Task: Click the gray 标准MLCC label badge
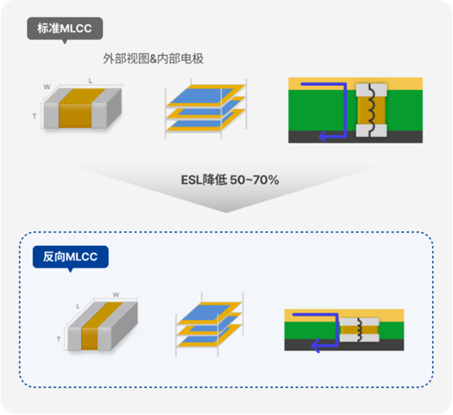point(65,29)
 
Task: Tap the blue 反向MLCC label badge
point(70,257)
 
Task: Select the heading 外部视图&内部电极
point(153,59)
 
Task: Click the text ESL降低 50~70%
point(230,180)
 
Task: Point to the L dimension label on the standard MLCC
point(91,81)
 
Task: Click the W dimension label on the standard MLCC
point(47,87)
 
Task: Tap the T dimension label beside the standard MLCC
point(34,116)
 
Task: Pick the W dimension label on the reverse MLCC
point(116,295)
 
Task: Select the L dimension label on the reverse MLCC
point(78,306)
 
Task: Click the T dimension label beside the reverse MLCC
point(59,339)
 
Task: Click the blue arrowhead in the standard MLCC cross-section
point(323,136)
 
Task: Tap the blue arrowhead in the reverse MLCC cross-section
point(316,346)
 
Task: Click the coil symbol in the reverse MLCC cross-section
point(360,330)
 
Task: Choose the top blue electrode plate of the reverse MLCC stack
point(206,312)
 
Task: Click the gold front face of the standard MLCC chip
point(75,116)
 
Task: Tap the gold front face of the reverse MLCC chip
point(90,339)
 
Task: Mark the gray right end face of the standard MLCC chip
point(114,108)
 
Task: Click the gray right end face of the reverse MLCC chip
point(124,327)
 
